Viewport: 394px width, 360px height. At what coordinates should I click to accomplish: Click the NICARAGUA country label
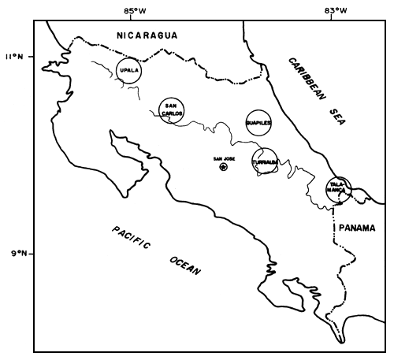click(x=147, y=35)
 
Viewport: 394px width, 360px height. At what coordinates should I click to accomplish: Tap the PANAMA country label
click(x=358, y=227)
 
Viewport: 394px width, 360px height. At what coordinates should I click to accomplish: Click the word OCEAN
click(x=184, y=265)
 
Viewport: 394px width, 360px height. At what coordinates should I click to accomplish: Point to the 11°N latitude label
click(x=16, y=57)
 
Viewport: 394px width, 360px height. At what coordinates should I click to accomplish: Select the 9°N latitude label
click(x=16, y=254)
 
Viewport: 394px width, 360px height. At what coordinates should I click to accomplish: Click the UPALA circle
click(x=128, y=70)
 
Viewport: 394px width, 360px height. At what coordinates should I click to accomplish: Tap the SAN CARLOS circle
click(x=172, y=109)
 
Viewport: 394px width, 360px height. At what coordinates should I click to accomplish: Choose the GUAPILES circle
click(x=258, y=123)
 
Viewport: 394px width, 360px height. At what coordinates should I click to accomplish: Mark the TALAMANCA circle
click(x=339, y=189)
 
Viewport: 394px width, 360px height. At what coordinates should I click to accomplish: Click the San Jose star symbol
click(x=223, y=167)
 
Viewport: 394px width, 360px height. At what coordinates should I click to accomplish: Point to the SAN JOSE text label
click(x=225, y=158)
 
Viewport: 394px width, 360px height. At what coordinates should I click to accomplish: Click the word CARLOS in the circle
click(x=173, y=113)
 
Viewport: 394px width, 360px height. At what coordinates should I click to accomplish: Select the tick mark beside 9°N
click(x=36, y=254)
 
